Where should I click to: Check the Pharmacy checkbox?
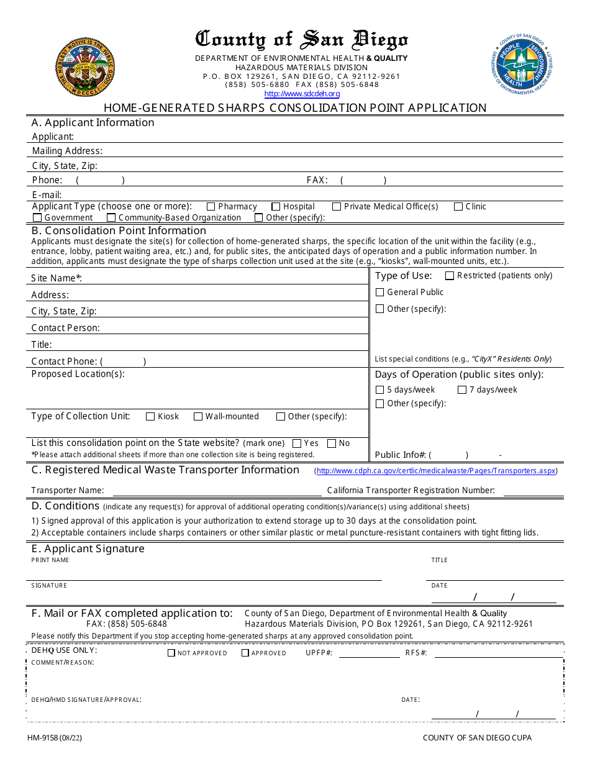211,207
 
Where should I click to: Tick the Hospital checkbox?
276,207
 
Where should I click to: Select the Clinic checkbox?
458,207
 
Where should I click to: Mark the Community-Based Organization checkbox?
111,218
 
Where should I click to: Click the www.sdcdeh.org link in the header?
302,94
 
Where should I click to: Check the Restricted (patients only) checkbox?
450,276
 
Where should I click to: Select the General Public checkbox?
380,293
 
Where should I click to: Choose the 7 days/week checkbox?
462,390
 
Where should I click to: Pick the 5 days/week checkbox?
380,390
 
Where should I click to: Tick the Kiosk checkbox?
150,417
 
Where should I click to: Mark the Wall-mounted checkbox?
198,417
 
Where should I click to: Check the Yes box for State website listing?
297,443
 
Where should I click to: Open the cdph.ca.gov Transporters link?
436,471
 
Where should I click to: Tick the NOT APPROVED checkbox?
171,653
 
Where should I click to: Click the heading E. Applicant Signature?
88,548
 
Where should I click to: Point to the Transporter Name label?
68,491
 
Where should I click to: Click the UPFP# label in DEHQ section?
319,653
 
